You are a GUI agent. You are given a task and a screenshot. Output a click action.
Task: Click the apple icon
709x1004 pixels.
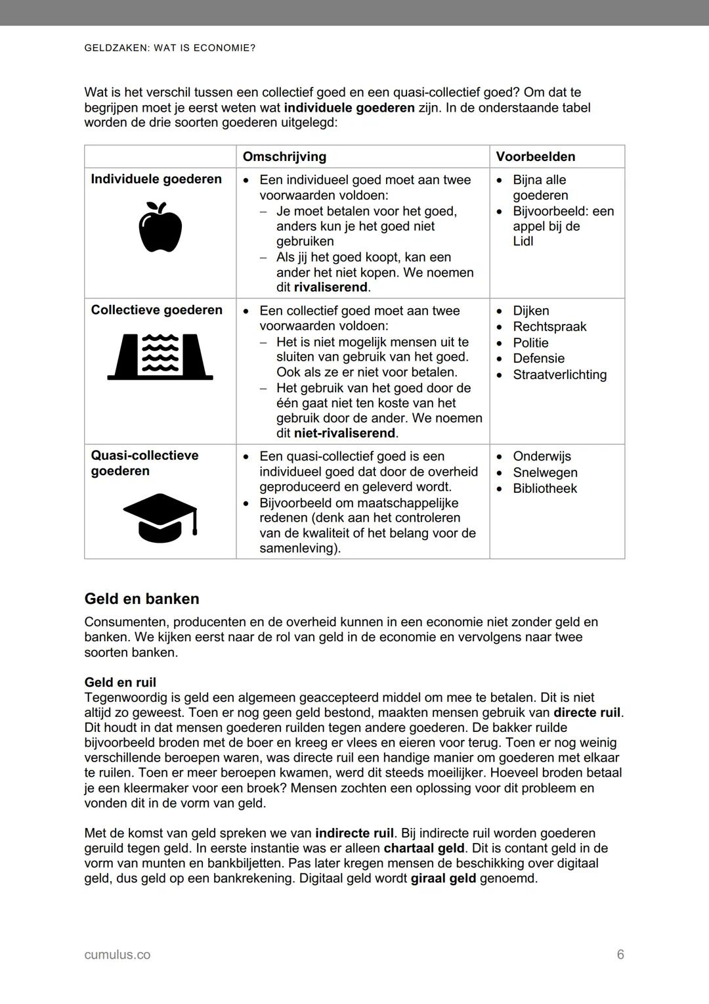click(160, 227)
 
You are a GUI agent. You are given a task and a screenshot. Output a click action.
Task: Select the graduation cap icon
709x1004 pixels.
click(160, 518)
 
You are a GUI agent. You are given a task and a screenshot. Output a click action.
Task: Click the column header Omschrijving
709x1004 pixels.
click(284, 156)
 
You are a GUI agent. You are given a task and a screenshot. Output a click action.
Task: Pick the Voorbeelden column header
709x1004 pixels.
click(535, 156)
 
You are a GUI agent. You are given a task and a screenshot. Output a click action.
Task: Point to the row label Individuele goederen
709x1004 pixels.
click(156, 179)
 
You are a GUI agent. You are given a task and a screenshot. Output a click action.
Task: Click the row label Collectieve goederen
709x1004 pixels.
click(156, 309)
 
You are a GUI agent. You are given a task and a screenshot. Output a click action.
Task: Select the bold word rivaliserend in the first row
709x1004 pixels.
click(332, 287)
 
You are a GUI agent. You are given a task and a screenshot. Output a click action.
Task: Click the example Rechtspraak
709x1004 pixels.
click(549, 327)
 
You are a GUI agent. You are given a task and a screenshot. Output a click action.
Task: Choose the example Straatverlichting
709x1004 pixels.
click(559, 375)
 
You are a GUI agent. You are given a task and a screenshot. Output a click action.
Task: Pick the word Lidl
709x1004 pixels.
click(523, 241)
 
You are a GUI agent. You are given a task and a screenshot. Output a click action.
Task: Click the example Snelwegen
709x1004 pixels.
click(545, 472)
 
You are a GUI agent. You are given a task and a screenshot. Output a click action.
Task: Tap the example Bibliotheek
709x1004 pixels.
click(544, 488)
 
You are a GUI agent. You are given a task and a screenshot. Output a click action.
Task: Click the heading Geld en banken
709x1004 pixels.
click(142, 599)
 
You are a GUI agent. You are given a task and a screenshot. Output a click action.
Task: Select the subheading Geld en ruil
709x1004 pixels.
click(120, 682)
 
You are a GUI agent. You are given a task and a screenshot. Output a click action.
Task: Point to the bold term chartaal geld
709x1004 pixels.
click(424, 848)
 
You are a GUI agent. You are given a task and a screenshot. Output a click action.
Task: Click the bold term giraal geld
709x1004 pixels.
click(443, 879)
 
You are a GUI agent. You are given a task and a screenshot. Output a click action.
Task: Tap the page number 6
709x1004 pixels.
click(620, 955)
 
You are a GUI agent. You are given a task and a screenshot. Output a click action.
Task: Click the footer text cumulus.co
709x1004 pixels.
click(117, 955)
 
